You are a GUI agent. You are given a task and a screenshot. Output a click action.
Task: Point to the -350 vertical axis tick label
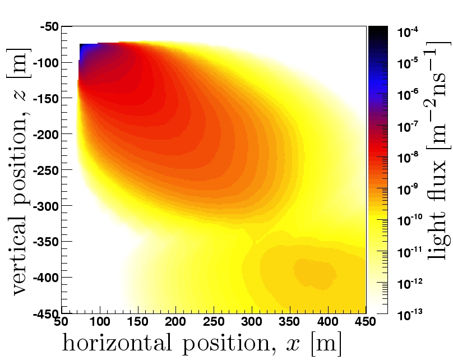point(47,242)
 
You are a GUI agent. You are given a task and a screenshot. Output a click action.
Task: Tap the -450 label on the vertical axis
point(47,313)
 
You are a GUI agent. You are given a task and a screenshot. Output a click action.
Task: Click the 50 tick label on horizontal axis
point(61,321)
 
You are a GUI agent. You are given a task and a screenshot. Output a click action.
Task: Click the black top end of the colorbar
point(378,31)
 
